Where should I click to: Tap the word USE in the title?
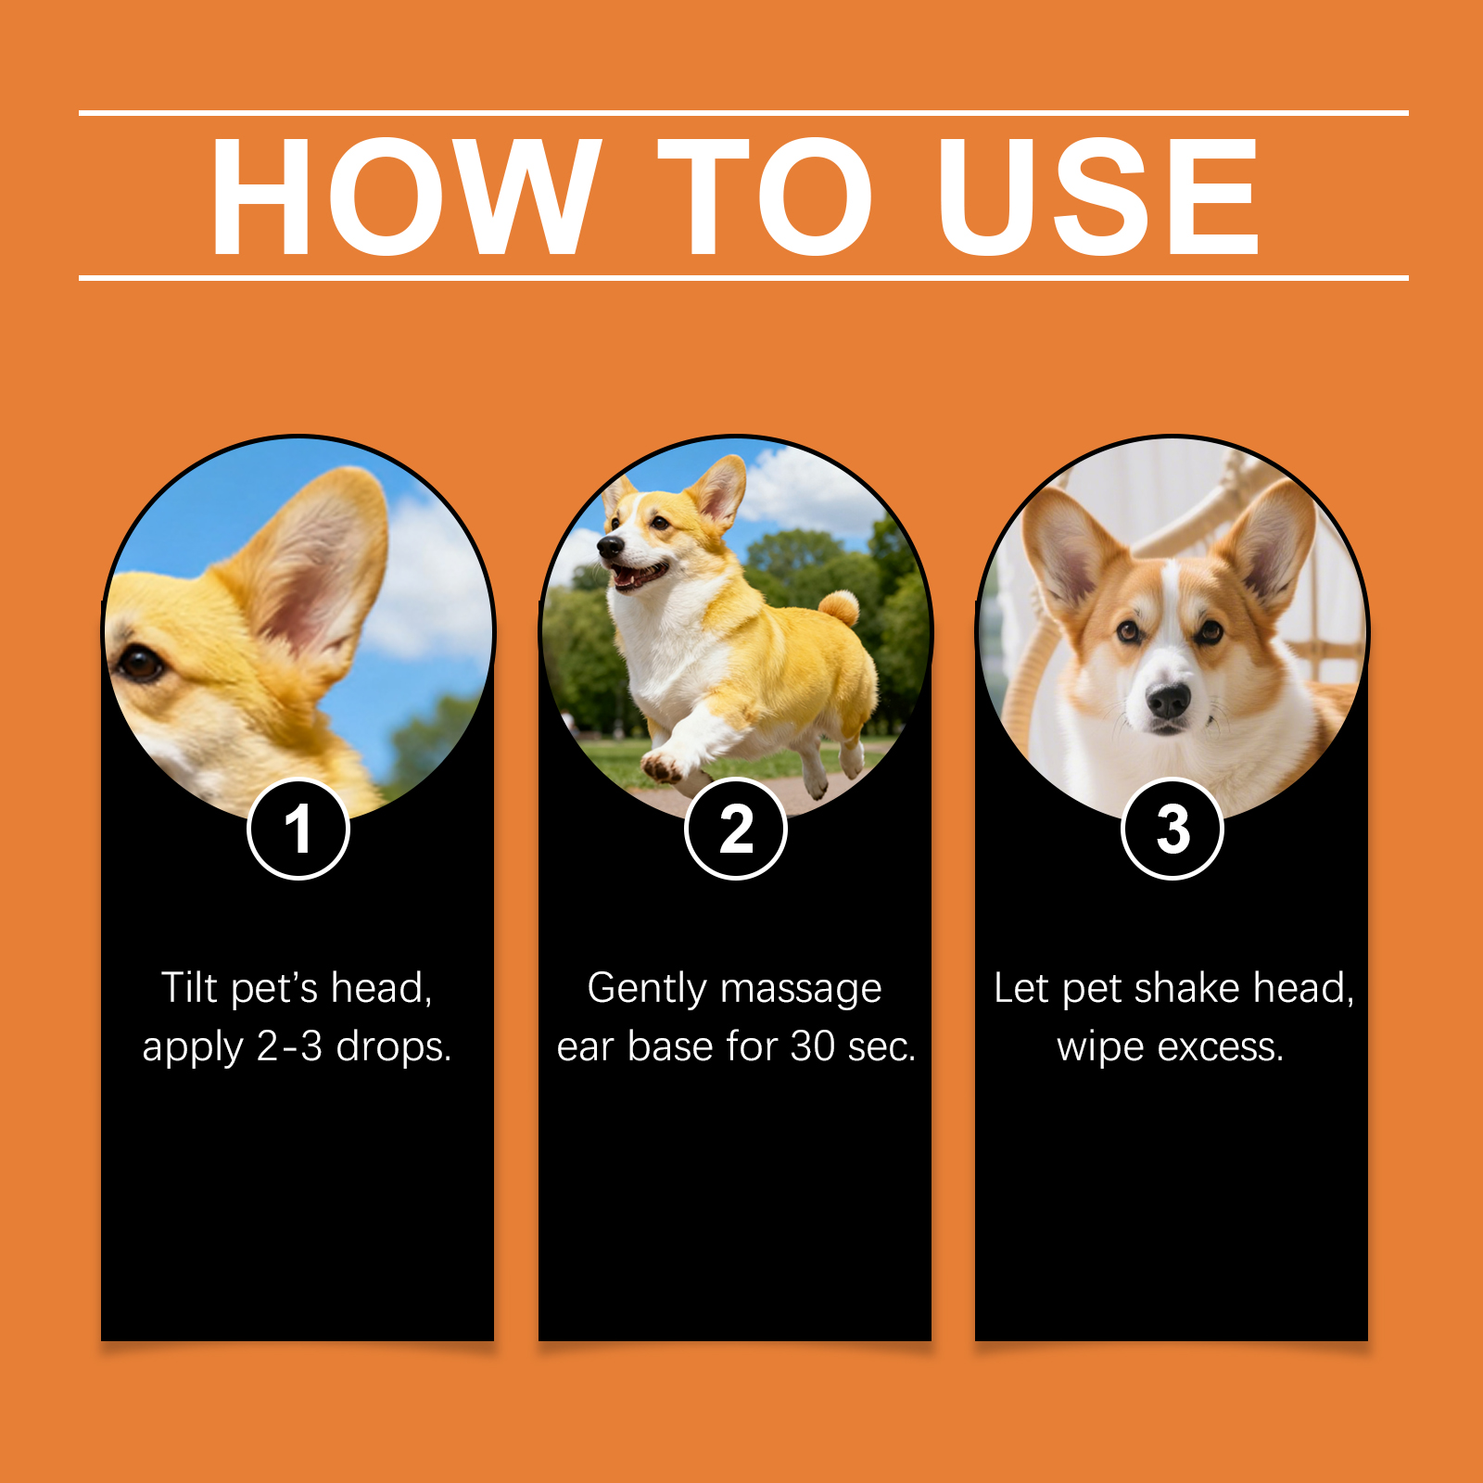click(1097, 196)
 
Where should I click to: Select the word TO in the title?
click(766, 196)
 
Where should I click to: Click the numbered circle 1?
click(298, 829)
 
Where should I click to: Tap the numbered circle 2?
click(736, 829)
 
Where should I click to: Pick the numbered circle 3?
click(1172, 829)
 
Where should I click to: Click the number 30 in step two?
click(813, 1046)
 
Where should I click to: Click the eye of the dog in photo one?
click(141, 662)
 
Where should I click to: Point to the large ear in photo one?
click(311, 565)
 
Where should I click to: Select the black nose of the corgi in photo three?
click(1169, 701)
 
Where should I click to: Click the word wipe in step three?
click(1100, 1047)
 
